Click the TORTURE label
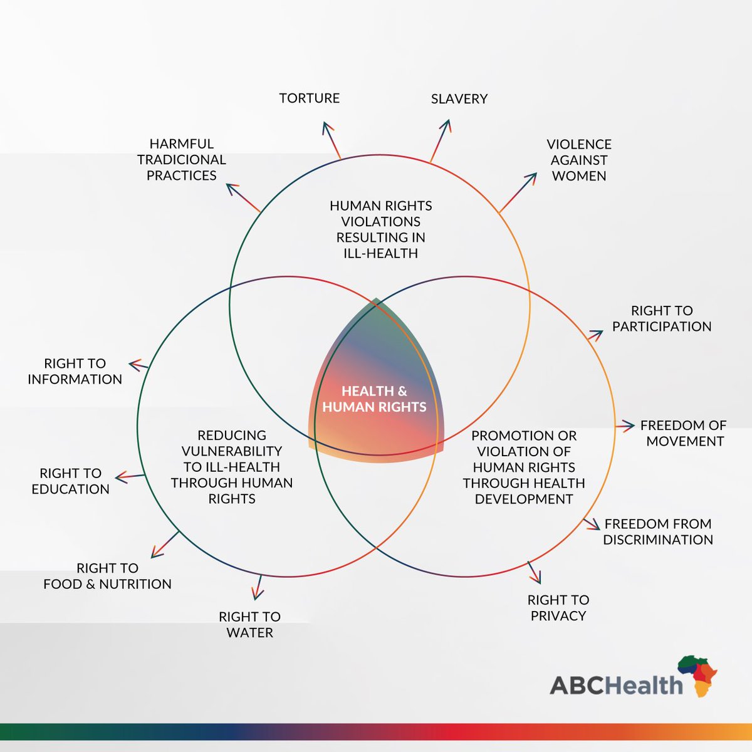pos(310,98)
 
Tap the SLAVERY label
pos(459,99)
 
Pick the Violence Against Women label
pos(579,160)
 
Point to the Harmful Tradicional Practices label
pos(182,160)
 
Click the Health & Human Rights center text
pos(374,399)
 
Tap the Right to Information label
pos(75,372)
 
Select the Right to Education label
pos(70,481)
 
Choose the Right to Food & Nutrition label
pos(107,576)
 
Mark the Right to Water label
pos(249,625)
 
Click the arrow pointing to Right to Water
pos(258,588)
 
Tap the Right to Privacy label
pos(558,608)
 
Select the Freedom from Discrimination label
pos(658,532)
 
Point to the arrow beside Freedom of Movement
pos(625,426)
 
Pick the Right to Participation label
pos(662,318)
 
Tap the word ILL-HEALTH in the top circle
pos(380,254)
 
